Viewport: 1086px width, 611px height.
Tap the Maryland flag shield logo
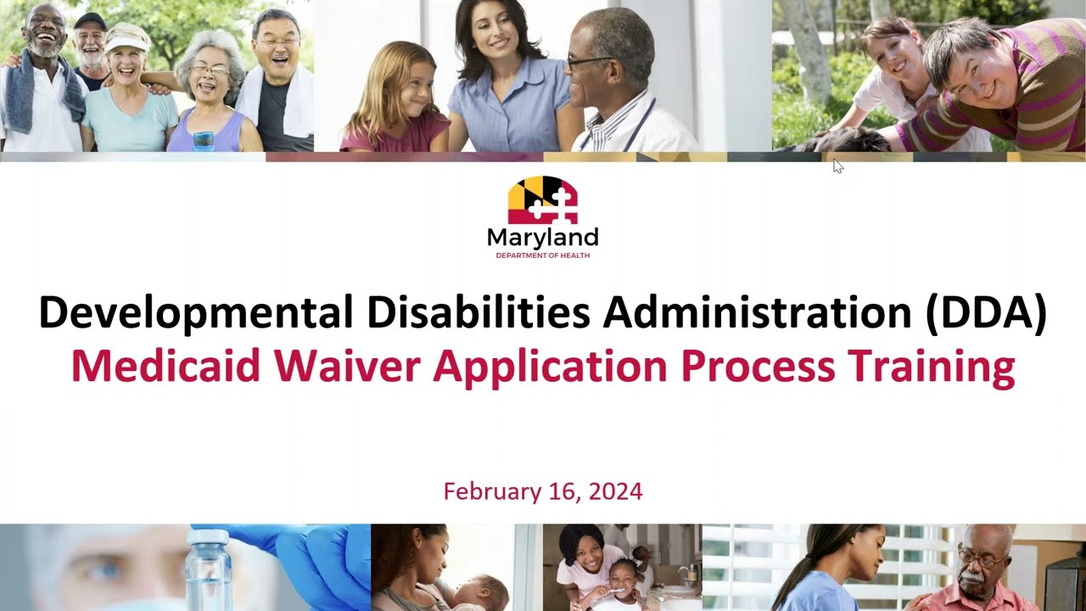[542, 200]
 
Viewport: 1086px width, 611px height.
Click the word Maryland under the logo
[542, 238]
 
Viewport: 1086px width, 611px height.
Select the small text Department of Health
[542, 255]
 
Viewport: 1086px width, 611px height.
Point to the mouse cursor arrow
[837, 165]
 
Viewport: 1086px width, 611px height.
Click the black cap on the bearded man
[88, 20]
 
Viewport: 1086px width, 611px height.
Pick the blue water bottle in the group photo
[203, 140]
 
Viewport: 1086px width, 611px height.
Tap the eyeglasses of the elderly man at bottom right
[979, 558]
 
